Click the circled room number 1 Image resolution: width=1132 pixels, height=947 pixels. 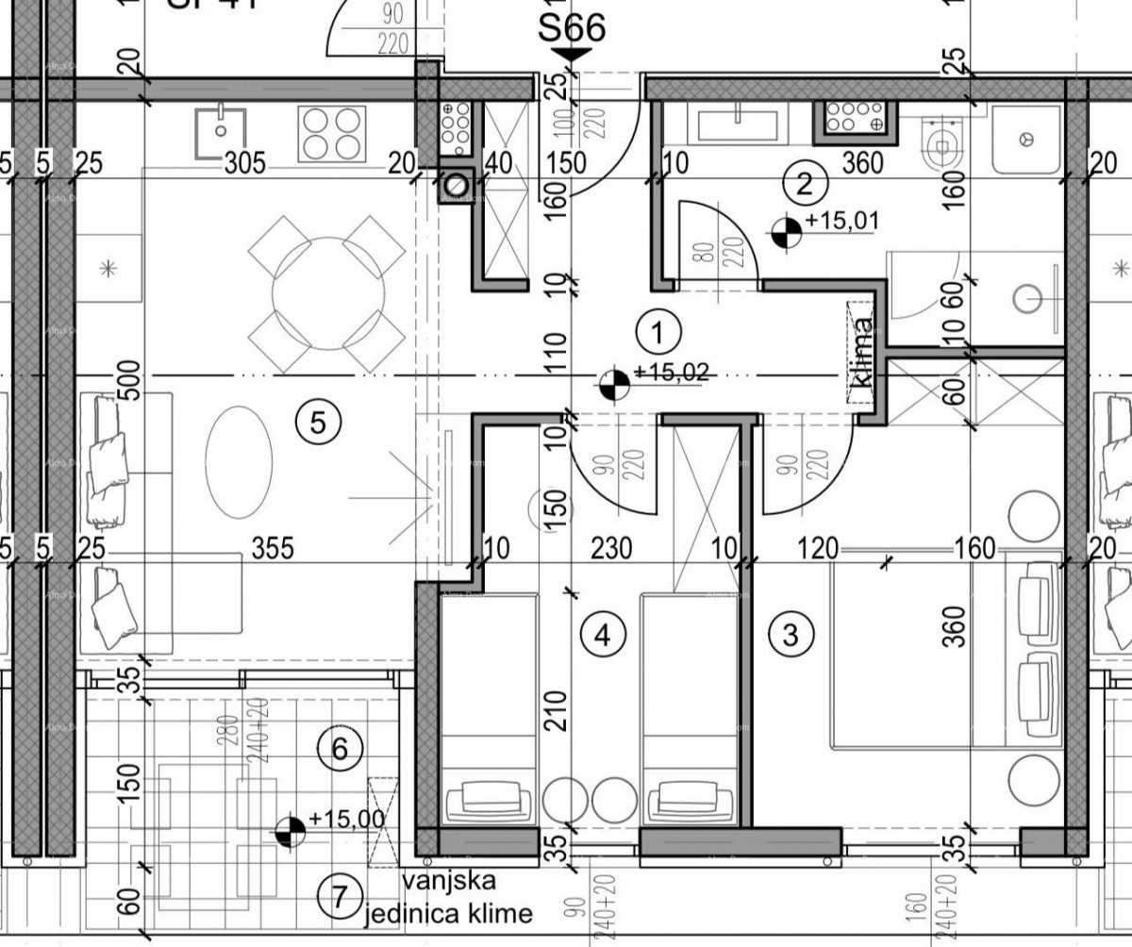pos(658,331)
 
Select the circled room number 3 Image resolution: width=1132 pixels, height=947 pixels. pos(791,633)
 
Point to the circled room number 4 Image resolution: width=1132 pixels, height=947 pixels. pos(604,633)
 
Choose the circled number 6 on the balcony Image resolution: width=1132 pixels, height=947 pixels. pos(340,749)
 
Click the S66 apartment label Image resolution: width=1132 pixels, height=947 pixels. pos(571,29)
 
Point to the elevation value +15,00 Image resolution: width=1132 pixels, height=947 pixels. pos(345,820)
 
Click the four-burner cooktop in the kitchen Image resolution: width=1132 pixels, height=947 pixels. pos(332,134)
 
